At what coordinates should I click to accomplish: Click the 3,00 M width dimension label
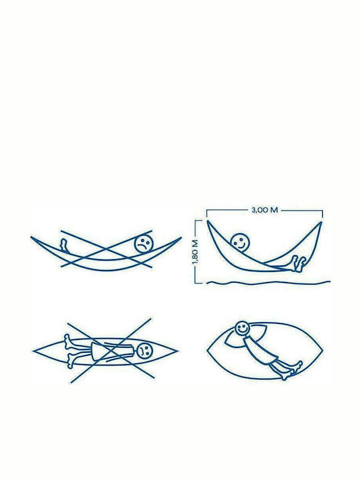pos(265,210)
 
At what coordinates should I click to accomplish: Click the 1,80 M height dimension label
pos(195,252)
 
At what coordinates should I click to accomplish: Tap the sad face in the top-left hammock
pos(144,244)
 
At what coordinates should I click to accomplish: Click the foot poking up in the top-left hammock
pos(64,245)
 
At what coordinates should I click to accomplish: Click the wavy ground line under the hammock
pos(268,282)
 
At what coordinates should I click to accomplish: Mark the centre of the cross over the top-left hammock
pos(106,249)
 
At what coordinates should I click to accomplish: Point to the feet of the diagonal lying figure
pos(291,371)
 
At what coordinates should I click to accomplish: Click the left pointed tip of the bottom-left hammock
pos(33,351)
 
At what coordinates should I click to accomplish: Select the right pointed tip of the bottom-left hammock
pos(177,350)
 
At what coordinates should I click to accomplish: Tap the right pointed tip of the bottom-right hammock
pos(322,349)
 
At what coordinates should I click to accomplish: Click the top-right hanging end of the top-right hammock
pos(321,222)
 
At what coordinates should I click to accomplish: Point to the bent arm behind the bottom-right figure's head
pos(230,338)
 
